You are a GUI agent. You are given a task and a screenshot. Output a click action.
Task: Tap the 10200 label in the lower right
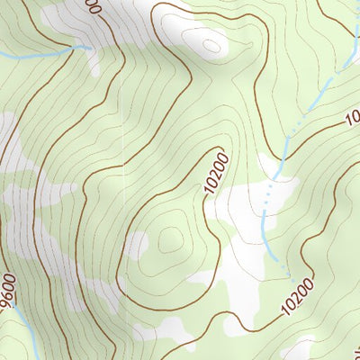coord(297,295)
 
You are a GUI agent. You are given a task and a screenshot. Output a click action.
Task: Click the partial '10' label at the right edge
coord(351,118)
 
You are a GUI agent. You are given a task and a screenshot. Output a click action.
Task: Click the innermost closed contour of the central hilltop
coord(169,239)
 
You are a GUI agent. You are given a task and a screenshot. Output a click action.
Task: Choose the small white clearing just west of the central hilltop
coord(137,243)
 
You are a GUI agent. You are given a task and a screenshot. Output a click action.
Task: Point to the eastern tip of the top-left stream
coord(90,47)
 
